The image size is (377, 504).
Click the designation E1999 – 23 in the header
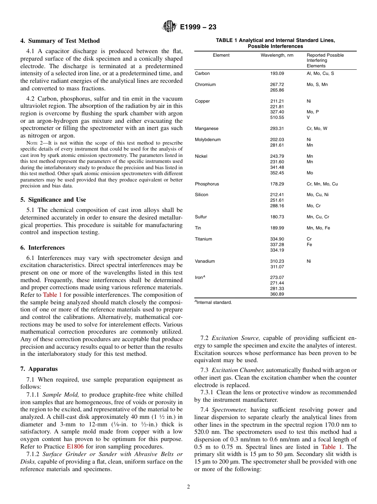pyautogui.click(x=198, y=27)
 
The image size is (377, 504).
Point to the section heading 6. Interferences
pyautogui.click(x=42, y=248)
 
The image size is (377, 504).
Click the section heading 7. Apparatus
pyautogui.click(x=39, y=369)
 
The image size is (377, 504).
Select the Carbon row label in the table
pyautogui.click(x=202, y=74)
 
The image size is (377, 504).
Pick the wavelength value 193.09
pyautogui.click(x=277, y=74)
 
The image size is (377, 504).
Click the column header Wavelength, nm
pyautogui.click(x=277, y=55)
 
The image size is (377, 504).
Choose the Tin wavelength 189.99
pyautogui.click(x=277, y=228)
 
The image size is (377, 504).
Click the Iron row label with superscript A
pyautogui.click(x=200, y=277)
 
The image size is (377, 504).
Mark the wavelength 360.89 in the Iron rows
pyautogui.click(x=277, y=294)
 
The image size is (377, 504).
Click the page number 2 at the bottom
pyautogui.click(x=188, y=487)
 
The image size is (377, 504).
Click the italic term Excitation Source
pyautogui.click(x=236, y=338)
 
